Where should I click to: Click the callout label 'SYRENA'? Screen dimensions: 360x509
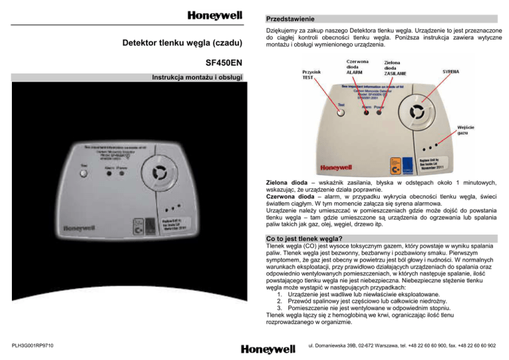pyautogui.click(x=451, y=70)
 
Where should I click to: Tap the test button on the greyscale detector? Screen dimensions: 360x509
pyautogui.click(x=84, y=174)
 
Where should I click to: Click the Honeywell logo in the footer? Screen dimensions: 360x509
pyautogui.click(x=268, y=348)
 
